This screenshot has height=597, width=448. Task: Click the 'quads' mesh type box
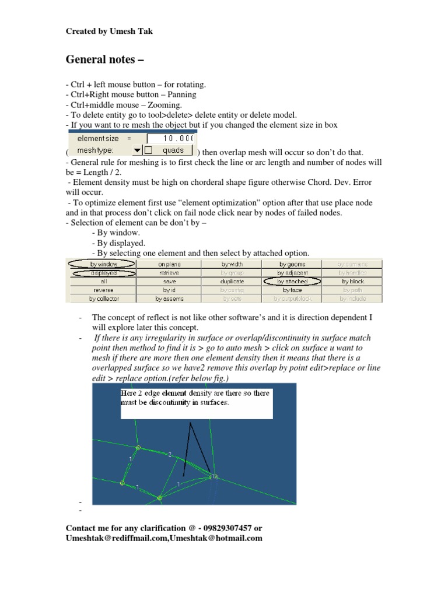173,150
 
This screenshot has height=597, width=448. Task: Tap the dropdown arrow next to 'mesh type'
137,150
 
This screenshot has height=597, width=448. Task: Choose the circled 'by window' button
103,264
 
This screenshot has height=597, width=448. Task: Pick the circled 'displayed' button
103,273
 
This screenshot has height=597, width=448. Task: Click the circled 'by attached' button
292,281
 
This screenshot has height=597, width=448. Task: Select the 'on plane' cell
169,264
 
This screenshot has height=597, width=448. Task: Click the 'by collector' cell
103,298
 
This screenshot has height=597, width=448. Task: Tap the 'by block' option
353,281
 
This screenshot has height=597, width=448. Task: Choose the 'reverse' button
103,290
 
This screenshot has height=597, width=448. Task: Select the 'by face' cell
292,290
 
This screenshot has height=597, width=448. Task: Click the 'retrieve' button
169,273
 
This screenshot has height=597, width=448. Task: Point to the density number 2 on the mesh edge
170,453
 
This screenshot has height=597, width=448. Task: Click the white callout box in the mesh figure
196,403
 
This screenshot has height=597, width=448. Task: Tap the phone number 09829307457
220,528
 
